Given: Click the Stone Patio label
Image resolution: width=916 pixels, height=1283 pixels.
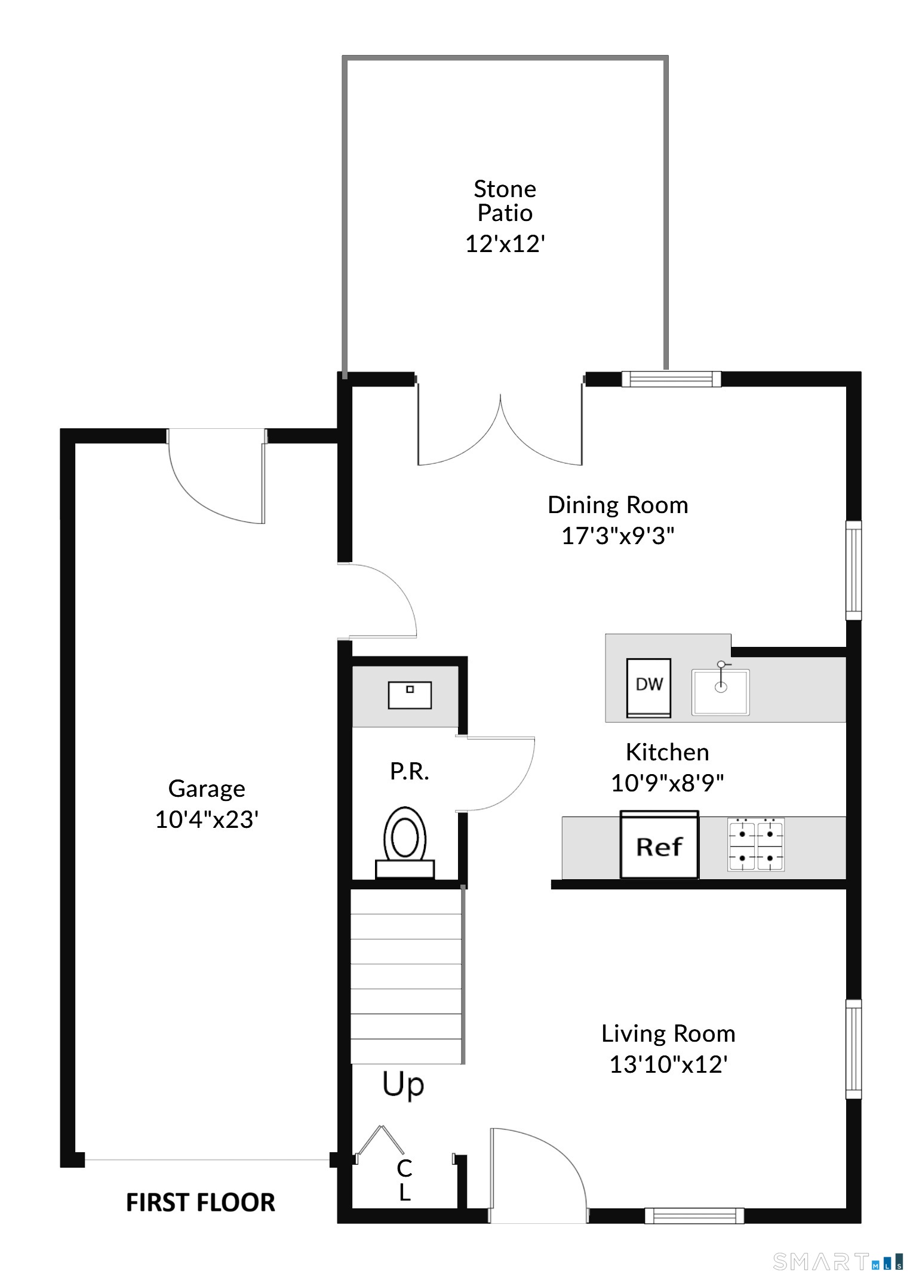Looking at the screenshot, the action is coord(505,201).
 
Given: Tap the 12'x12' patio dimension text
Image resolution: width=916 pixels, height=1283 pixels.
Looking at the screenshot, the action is coord(505,244).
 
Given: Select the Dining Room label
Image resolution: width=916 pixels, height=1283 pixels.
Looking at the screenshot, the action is coord(618,505).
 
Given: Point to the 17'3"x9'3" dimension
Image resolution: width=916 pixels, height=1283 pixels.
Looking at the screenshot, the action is coord(618,536).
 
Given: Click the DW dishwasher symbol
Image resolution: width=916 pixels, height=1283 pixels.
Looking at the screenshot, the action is coord(648,687).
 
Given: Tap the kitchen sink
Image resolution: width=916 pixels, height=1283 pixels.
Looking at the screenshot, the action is coord(721,690).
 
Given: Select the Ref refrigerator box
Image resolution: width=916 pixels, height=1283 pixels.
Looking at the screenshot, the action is coord(659,845).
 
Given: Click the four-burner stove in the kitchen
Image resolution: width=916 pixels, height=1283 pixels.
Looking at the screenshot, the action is coord(756,845).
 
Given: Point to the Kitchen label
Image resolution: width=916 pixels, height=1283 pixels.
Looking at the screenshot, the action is coord(668,753).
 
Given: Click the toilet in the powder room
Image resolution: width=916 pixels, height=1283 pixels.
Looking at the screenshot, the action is coord(405,842).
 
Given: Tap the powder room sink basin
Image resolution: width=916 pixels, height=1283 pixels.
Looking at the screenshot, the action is coord(410,695).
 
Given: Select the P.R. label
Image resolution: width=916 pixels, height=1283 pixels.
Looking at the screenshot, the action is coord(410,772).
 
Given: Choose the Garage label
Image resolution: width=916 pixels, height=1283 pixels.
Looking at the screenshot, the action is coord(207,789).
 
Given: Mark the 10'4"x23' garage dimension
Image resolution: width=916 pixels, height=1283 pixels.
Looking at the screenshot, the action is coord(207,819).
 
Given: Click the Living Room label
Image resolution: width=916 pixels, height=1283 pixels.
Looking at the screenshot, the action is coord(668,1034).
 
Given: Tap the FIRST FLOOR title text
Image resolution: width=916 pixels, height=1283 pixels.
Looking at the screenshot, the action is coord(201,1202).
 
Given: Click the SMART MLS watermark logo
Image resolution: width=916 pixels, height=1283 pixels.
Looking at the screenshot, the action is coord(838,1261).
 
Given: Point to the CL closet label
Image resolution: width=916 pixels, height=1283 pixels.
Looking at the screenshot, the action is coord(404,1180).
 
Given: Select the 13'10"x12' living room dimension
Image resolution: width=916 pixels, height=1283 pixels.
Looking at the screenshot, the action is coord(668,1065).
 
